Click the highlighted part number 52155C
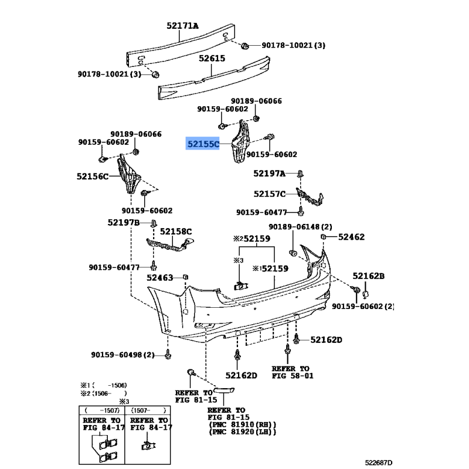pos(203,143)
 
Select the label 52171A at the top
pos(182,26)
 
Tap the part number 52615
pos(212,59)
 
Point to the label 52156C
pos(93,176)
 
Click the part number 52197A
pos(269,174)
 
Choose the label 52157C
pos(270,194)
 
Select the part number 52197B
pos(123,222)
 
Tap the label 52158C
pos(176,232)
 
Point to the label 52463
pos(161,277)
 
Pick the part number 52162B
pos(368,276)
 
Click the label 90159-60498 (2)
pos(122,355)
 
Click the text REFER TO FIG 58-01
pos(293,372)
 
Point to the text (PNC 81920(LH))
pos(242,431)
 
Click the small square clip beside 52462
pos(323,236)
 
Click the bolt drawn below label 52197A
pos(300,174)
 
